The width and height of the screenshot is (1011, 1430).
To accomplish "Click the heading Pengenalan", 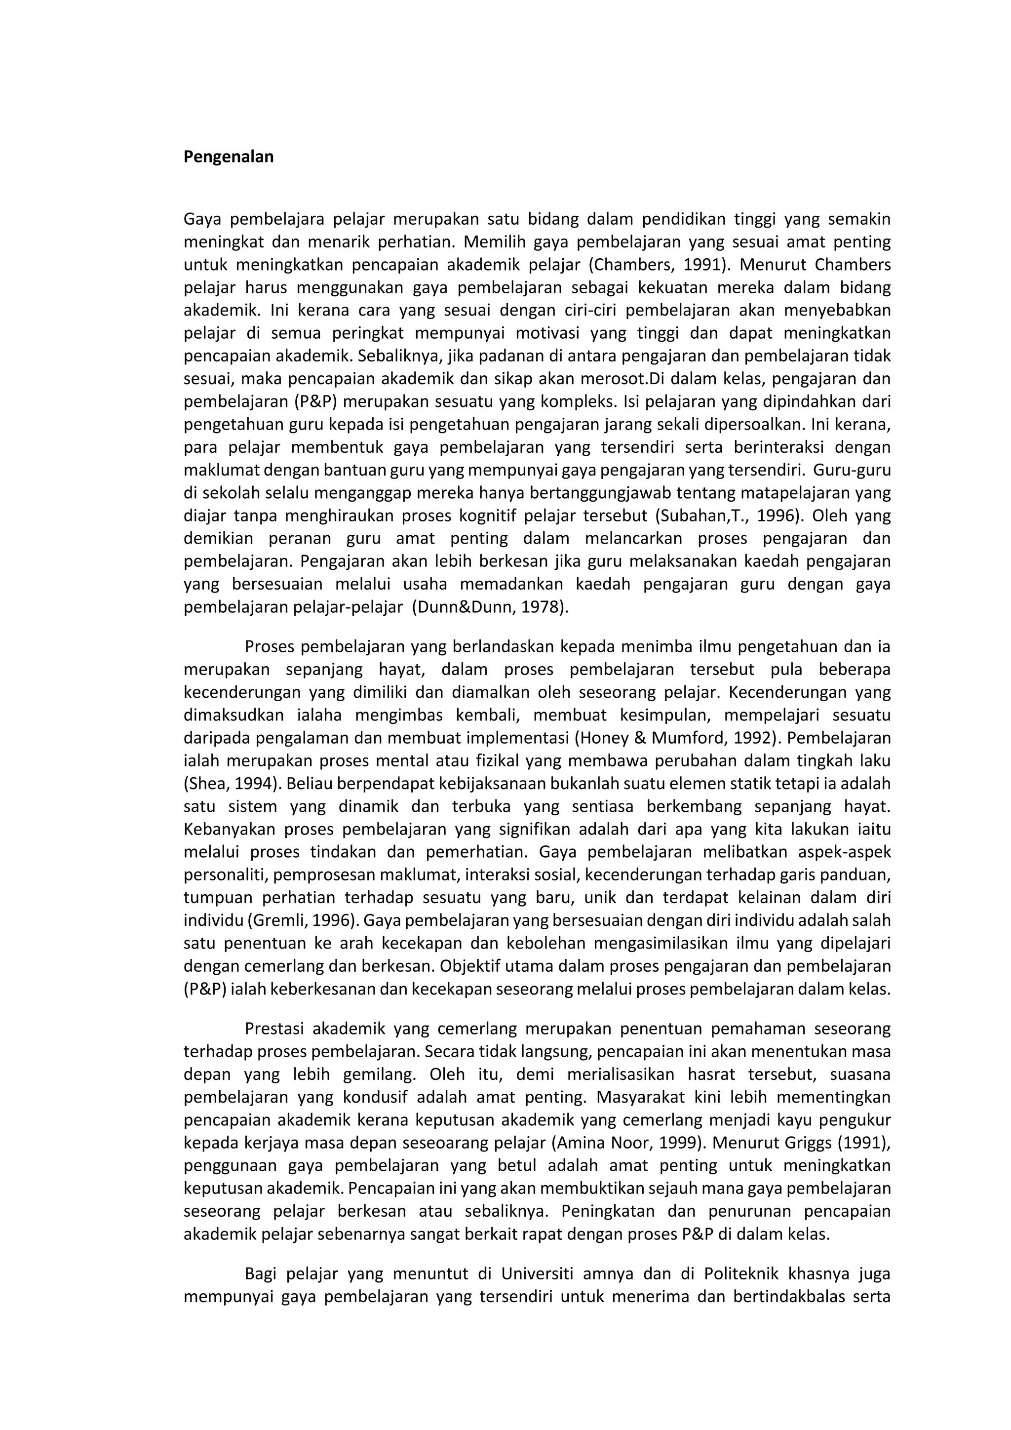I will [229, 157].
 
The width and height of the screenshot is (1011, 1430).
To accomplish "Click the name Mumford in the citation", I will [689, 738].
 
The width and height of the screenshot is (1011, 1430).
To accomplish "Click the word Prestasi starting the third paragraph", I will [274, 1028].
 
